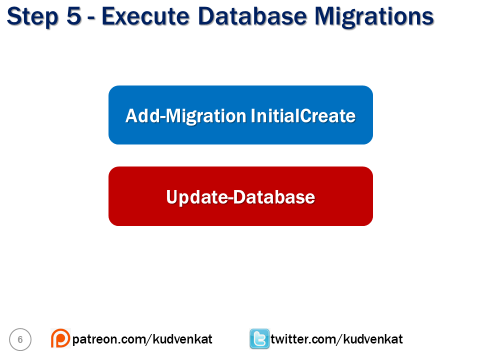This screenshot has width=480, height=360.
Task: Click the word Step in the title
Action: (32, 17)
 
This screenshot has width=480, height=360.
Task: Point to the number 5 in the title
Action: (74, 15)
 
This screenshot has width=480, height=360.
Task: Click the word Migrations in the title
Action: (374, 17)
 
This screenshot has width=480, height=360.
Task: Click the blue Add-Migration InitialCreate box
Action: (240, 115)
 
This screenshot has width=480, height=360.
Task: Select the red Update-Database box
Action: (240, 196)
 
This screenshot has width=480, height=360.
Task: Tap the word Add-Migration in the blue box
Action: (186, 116)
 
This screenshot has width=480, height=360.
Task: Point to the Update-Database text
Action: (240, 197)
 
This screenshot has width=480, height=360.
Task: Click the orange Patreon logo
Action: (60, 338)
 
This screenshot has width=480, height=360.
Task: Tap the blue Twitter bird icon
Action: (259, 338)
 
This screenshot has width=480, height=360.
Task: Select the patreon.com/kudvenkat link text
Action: (142, 339)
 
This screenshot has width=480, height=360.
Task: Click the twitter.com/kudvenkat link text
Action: (336, 339)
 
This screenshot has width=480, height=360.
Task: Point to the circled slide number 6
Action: (20, 339)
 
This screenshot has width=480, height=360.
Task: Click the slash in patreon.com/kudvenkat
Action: (149, 339)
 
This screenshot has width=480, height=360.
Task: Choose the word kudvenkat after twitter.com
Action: (373, 339)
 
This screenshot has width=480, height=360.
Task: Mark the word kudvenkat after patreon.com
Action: (183, 339)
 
